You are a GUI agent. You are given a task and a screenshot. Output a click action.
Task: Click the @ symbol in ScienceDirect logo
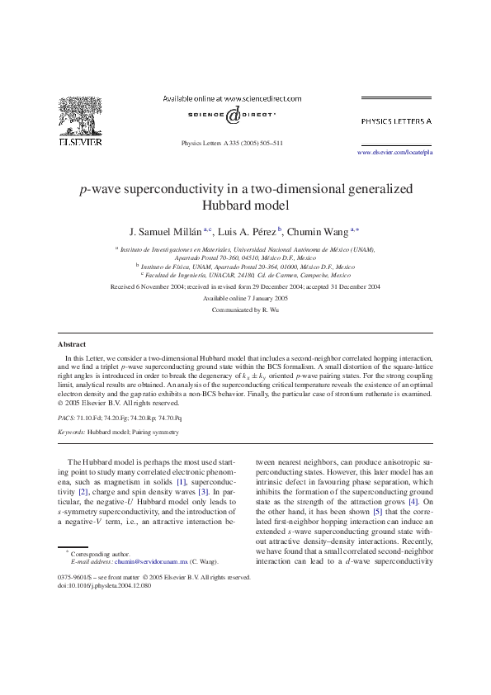point(233,116)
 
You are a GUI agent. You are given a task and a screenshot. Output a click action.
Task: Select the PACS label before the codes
point(68,418)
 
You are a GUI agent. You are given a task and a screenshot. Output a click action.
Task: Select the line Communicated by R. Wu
point(245,310)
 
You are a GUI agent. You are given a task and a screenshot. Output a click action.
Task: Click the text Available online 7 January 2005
point(245,298)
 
